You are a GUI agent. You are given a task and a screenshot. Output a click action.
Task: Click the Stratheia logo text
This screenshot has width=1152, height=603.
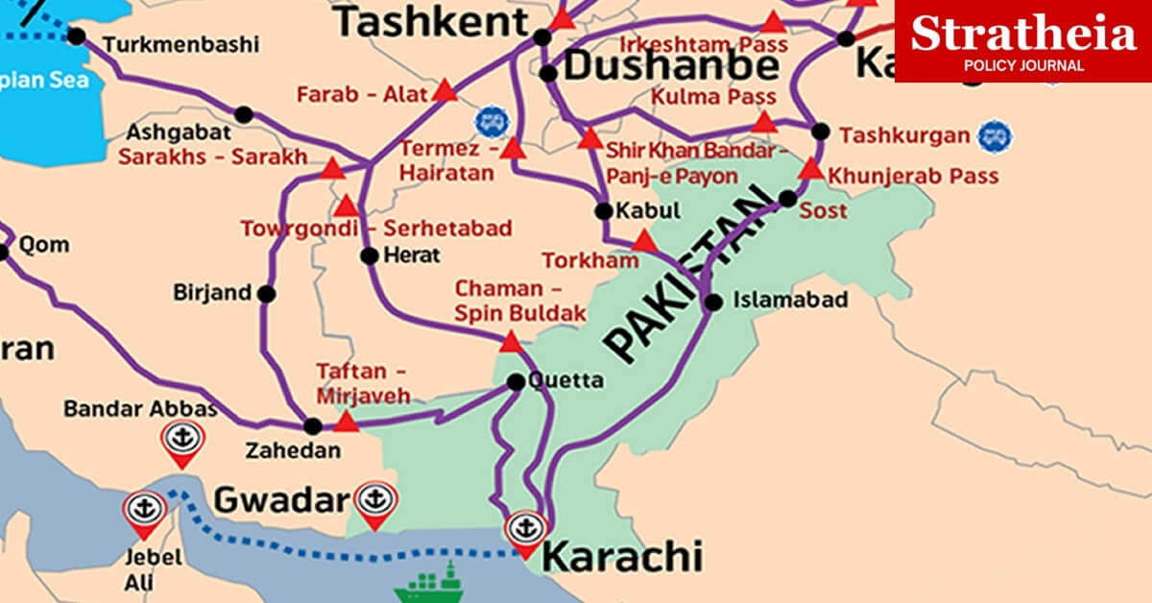pos(1023,35)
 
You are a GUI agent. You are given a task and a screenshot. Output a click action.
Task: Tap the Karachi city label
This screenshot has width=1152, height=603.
pos(622,556)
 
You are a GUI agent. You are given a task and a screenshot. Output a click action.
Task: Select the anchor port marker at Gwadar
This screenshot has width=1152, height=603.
pos(373,501)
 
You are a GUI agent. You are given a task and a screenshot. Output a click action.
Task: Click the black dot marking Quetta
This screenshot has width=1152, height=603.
pos(516,382)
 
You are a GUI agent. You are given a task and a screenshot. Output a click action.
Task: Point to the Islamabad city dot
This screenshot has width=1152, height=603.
pos(713,302)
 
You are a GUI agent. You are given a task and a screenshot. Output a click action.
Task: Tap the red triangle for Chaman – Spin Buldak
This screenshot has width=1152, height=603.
pos(511,342)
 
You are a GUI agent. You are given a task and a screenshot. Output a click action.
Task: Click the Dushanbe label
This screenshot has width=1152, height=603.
pos(671,66)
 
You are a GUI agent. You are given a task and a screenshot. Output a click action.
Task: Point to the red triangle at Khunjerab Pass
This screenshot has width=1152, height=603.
pos(811,170)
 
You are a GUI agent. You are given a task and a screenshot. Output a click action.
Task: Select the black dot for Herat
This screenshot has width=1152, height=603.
pos(370,255)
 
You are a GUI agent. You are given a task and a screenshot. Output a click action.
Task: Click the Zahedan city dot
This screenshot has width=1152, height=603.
pos(313,426)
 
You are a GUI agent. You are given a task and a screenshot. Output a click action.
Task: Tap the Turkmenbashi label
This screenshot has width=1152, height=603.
pos(180,44)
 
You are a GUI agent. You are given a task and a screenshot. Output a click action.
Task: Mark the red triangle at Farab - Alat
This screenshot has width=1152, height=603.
pos(444,92)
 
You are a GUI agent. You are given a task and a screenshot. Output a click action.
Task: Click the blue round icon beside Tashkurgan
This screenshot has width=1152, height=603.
pos(994,135)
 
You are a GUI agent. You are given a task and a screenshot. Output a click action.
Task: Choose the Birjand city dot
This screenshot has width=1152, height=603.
pos(266,293)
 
